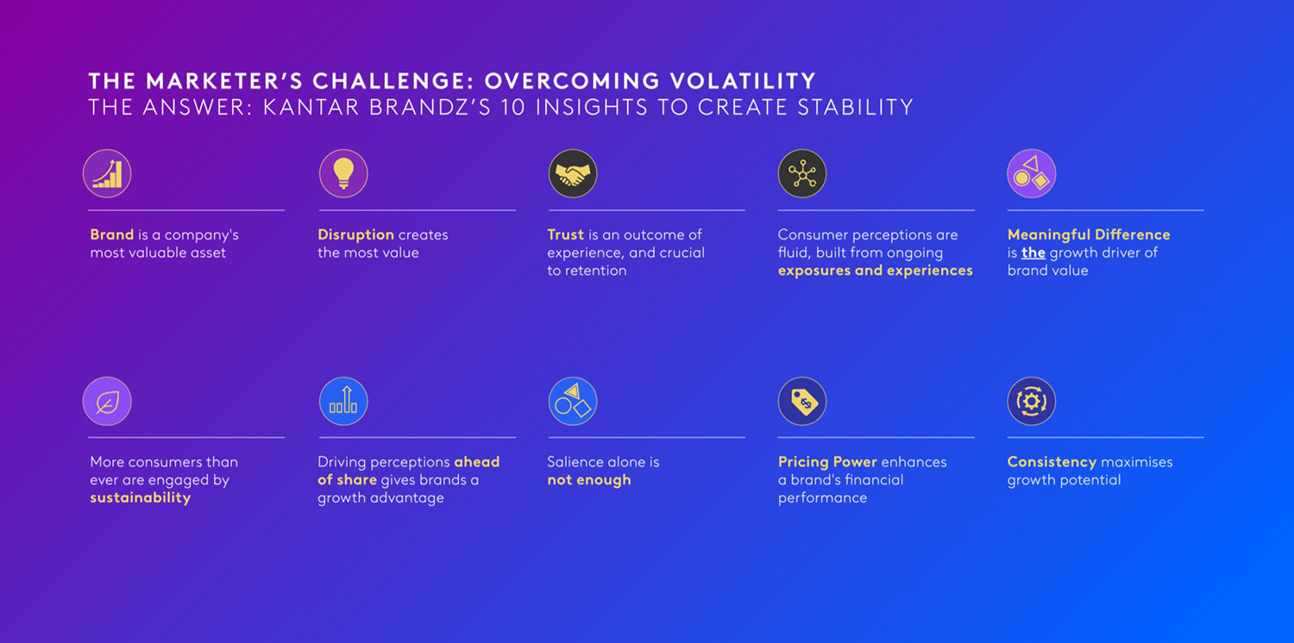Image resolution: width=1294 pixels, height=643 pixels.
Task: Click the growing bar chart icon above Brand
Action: [x=107, y=174]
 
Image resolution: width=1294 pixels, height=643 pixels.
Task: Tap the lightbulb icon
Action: [x=343, y=174]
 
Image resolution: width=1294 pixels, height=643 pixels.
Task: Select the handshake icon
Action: [x=573, y=174]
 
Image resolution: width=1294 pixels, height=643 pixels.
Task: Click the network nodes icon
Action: [x=801, y=174]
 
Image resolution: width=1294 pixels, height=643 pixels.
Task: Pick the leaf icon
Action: [x=107, y=401]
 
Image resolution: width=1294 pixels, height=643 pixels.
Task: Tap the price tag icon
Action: [x=801, y=401]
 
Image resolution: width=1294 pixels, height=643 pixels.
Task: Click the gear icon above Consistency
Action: [x=1031, y=401]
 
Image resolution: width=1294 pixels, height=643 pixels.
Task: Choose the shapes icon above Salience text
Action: [x=573, y=401]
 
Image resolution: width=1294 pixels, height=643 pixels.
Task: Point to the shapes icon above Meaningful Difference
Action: [x=1031, y=174]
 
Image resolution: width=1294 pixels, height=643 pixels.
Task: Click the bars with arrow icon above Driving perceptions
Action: [x=343, y=401]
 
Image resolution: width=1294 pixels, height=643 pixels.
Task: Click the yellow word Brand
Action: [x=111, y=234]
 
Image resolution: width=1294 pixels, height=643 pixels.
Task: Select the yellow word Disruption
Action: [x=355, y=235]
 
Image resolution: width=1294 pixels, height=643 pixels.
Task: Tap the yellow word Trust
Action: [x=566, y=234]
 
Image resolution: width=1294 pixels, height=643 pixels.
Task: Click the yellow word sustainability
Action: [x=140, y=498]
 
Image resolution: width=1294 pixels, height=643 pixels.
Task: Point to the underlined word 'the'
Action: [x=1033, y=253]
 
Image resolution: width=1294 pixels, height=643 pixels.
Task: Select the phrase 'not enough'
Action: [x=588, y=479]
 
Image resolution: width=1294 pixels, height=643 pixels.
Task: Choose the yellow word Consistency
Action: [x=1052, y=462]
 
